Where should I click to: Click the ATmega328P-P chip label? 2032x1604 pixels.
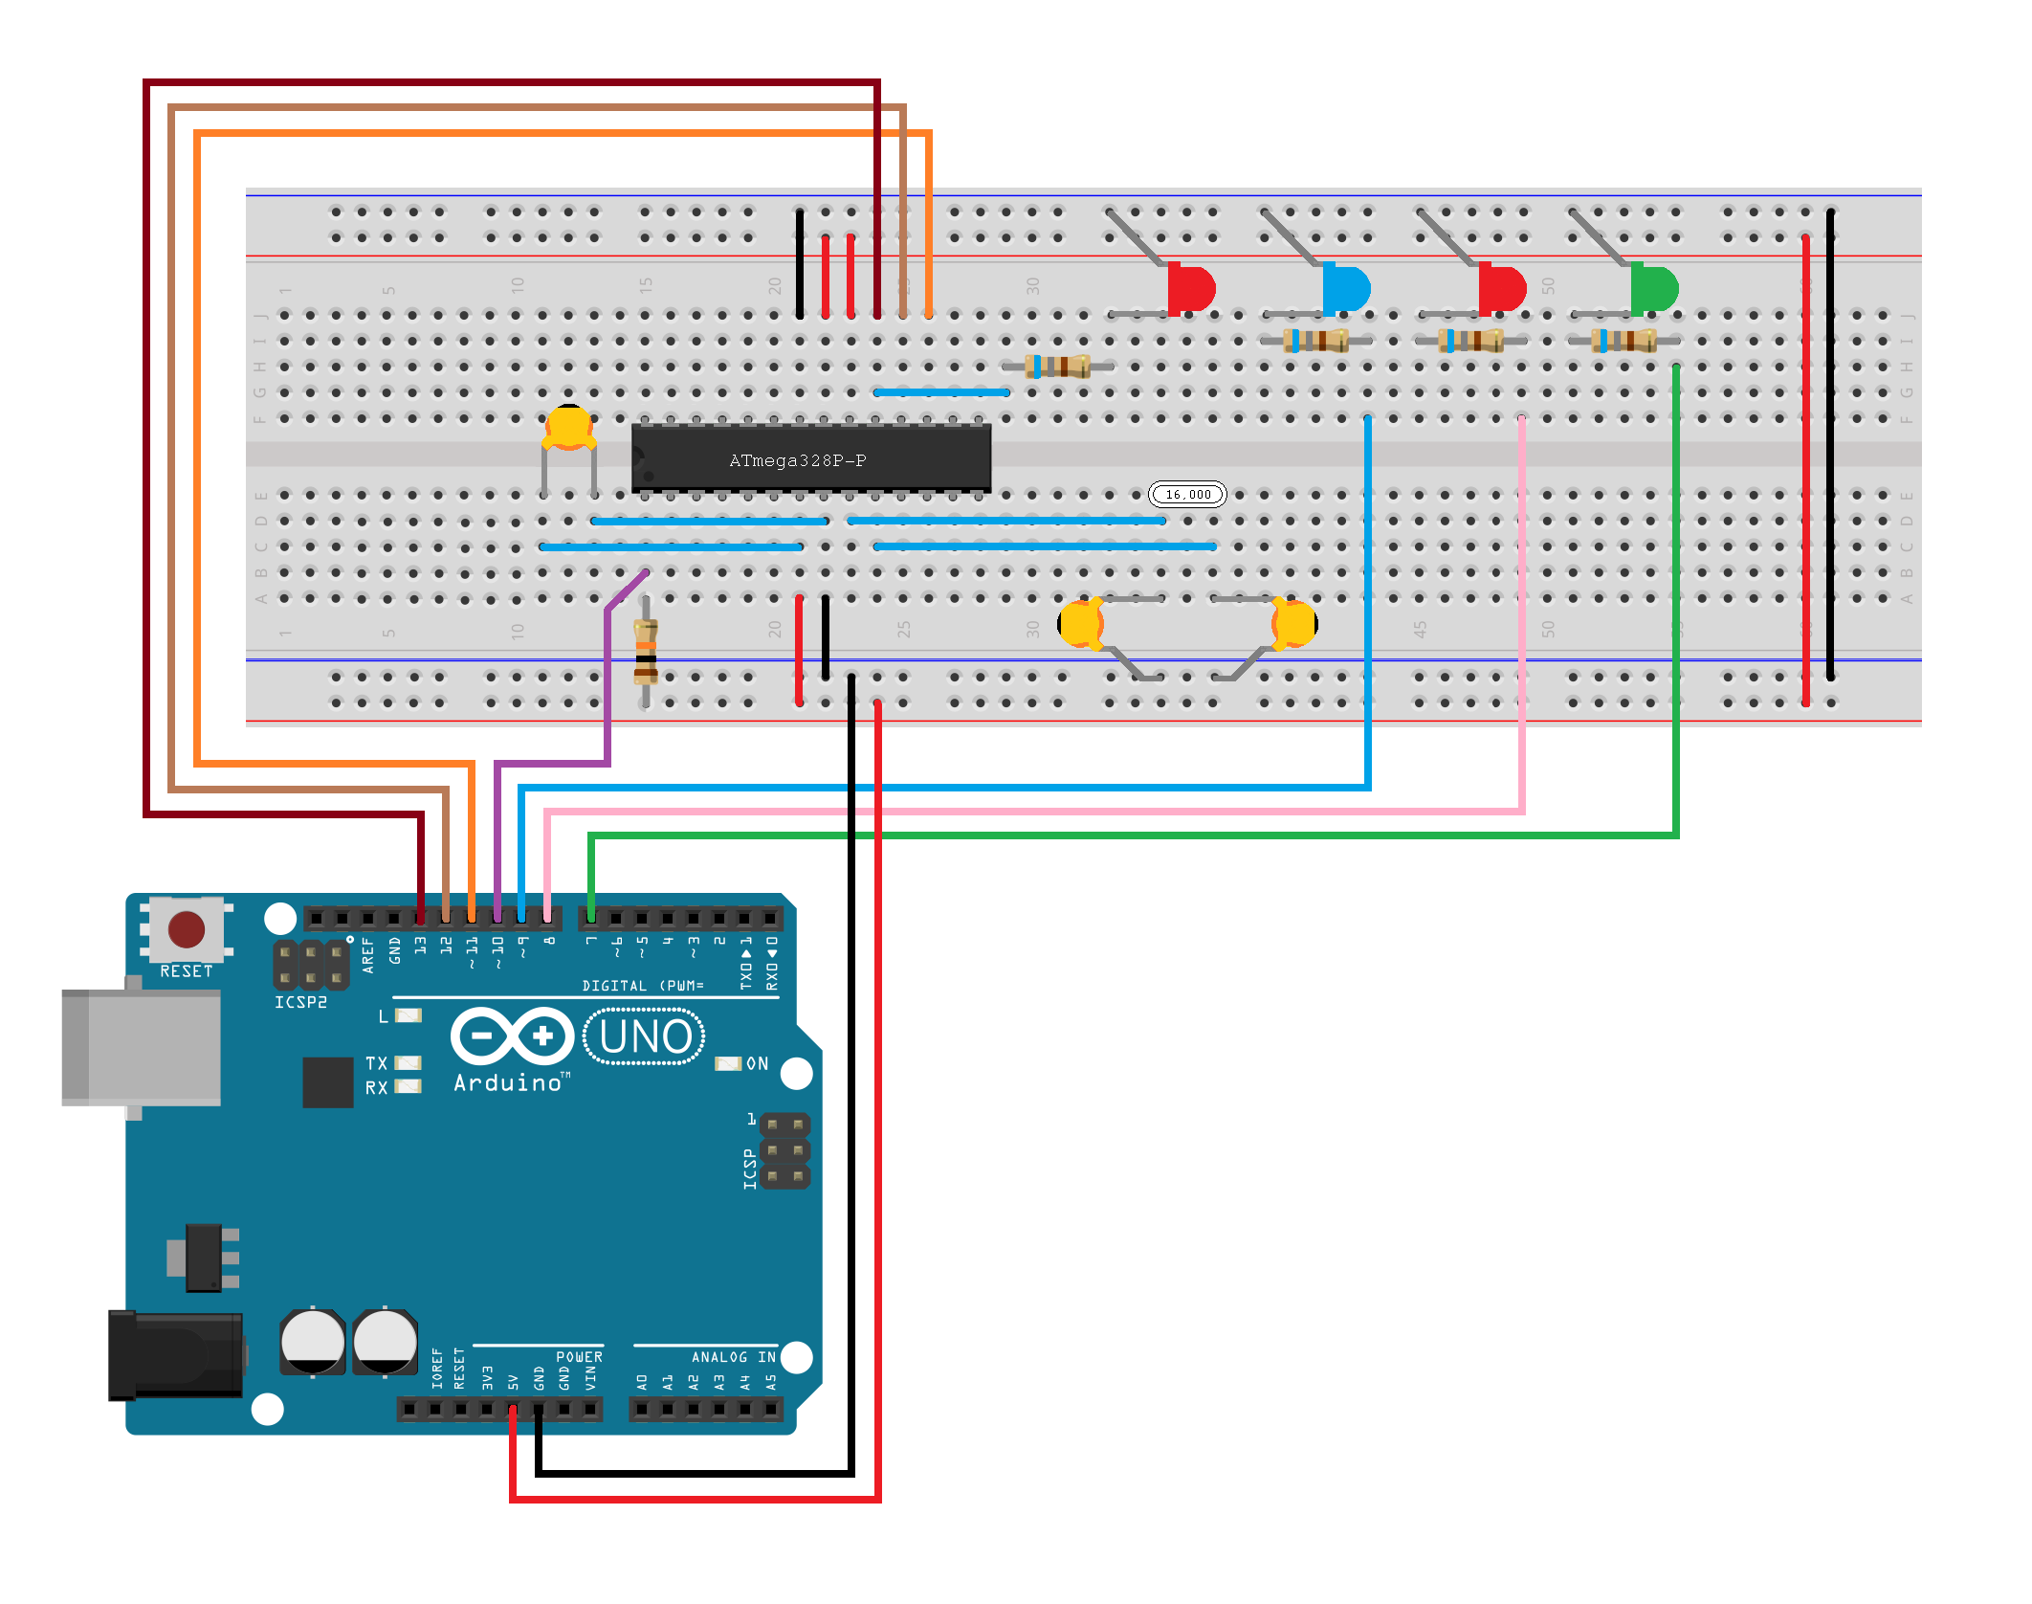tap(797, 460)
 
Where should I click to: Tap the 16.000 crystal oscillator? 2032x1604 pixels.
tap(1187, 494)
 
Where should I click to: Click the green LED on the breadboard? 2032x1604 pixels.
tap(1654, 287)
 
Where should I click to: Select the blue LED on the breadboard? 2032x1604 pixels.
tap(1346, 287)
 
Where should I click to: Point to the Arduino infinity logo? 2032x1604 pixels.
tap(512, 1036)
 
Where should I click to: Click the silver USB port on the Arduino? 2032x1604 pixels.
tap(141, 1047)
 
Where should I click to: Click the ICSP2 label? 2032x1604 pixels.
tap(300, 1002)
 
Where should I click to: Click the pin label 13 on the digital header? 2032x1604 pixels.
tap(420, 946)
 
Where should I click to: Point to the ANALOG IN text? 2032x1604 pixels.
tap(733, 1357)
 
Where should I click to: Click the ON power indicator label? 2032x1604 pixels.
tap(757, 1063)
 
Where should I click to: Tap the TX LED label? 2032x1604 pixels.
tap(376, 1063)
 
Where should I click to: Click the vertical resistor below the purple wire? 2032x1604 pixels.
tap(646, 651)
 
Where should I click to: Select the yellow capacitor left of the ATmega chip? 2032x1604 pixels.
tap(568, 427)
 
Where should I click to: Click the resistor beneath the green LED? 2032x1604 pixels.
tap(1623, 340)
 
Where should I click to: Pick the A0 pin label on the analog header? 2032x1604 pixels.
tap(642, 1382)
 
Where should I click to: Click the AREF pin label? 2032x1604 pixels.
tap(368, 955)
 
